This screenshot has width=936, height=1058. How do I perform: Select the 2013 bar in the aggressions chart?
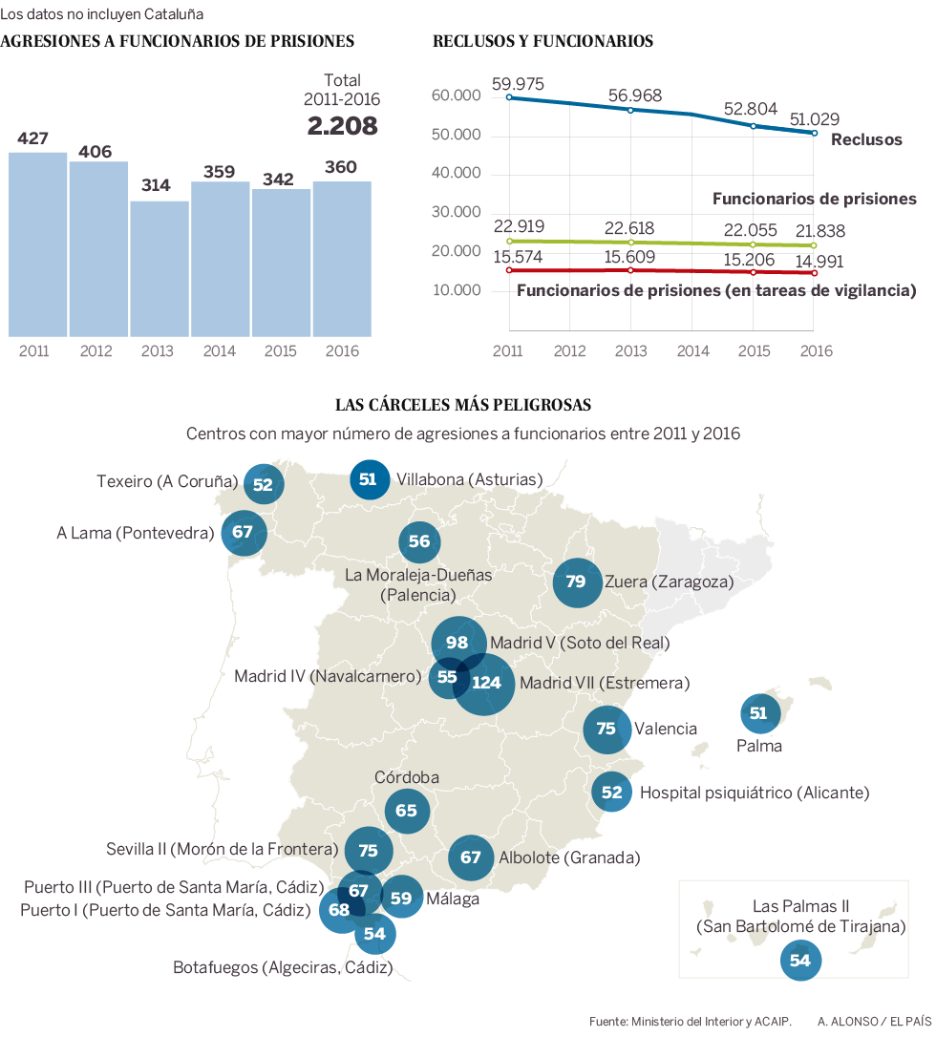pos(159,268)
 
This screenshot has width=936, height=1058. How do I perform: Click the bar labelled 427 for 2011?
pos(37,243)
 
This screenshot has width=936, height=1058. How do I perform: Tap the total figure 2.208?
pos(342,125)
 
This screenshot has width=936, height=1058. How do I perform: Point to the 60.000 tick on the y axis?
pos(456,95)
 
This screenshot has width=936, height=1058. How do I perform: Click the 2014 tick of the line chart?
pos(693,350)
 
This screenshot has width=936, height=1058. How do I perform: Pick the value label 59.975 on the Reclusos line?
pos(518,84)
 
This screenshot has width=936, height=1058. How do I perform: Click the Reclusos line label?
pos(866,139)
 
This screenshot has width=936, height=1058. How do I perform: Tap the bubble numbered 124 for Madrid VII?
pos(485,683)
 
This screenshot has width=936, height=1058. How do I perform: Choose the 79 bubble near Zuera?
pos(576,581)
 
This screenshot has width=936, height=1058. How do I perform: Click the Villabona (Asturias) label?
pos(469,479)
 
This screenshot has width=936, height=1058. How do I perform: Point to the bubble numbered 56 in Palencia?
pos(419,541)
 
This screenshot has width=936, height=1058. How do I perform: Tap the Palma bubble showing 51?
pos(759,713)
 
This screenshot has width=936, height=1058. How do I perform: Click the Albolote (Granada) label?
pos(569,857)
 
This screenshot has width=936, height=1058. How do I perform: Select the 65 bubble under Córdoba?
pos(406,811)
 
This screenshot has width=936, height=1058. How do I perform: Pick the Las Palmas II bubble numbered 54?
pos(800,961)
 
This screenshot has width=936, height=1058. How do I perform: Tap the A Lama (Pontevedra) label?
pos(135,533)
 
